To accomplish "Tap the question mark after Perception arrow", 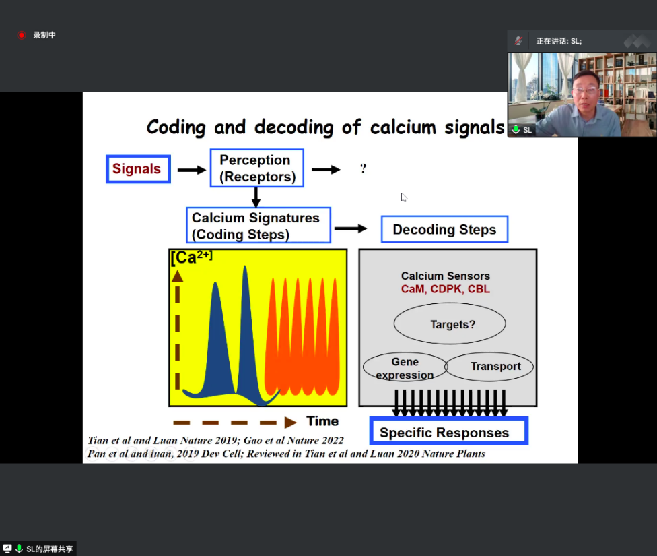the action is point(364,168).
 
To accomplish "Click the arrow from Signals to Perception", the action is point(192,170).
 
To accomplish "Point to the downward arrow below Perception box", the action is point(256,197).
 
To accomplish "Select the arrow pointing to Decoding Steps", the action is point(351,228).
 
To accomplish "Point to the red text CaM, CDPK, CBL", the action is point(446,289).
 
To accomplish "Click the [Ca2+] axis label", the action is point(191,257).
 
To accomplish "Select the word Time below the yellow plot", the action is point(322,421).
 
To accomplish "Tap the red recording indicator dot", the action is point(22,35).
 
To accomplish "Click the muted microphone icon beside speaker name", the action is point(518,41).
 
